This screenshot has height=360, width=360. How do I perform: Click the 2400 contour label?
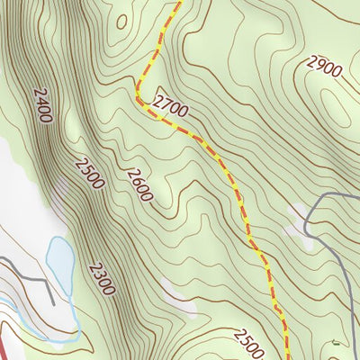tap(41, 104)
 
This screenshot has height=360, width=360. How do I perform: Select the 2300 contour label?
tap(101, 278)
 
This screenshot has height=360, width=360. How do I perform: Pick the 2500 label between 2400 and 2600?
tap(90, 174)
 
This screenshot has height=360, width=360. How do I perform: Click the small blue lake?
tap(60, 260)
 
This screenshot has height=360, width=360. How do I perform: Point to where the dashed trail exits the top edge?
tap(179, 2)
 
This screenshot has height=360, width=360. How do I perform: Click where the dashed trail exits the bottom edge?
tap(287, 357)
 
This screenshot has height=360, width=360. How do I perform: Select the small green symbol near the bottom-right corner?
tap(335, 342)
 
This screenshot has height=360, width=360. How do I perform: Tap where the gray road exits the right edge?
tap(357, 194)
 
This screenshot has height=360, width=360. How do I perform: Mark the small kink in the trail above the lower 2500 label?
tap(278, 311)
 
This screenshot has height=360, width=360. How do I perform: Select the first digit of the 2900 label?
tap(312, 62)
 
